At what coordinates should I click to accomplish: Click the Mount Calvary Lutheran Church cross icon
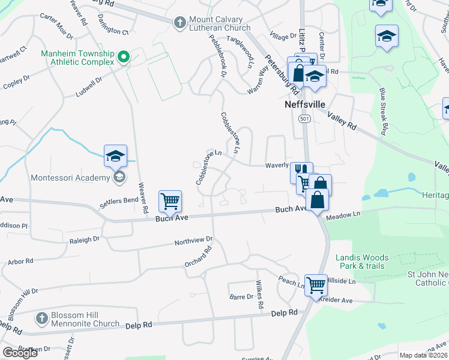tap(179, 23)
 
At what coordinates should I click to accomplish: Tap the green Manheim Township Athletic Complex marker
tap(124, 58)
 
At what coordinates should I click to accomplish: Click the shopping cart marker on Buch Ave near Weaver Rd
tap(170, 202)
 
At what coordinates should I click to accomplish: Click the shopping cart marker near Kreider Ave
tap(315, 284)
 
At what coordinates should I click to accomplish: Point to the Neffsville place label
tap(304, 104)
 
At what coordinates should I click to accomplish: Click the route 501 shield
tap(304, 119)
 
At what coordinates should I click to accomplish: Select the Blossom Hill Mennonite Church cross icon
tap(41, 317)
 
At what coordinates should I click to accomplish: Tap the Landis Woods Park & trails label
tap(362, 262)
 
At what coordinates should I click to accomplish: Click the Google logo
tap(20, 353)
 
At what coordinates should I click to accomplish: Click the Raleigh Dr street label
tap(84, 239)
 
